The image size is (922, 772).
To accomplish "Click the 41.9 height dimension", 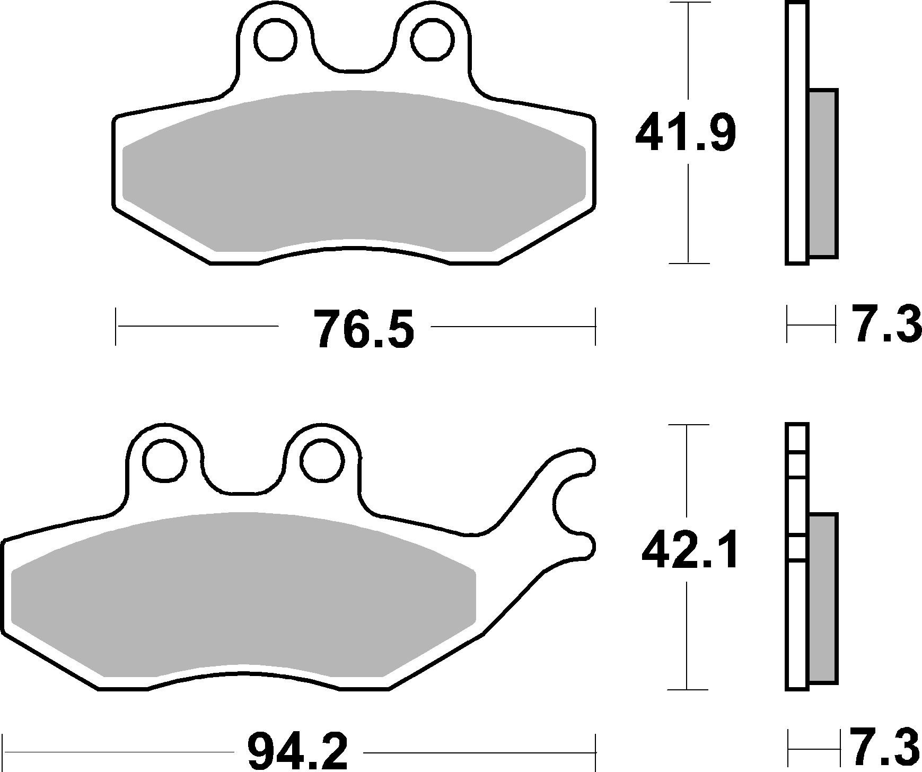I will click(x=686, y=133).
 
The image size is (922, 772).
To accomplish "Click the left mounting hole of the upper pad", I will click(x=275, y=38).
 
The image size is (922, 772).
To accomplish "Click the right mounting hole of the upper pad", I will click(x=433, y=38).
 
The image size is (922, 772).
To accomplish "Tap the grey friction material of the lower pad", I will click(x=244, y=594).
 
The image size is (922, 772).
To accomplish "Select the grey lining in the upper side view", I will click(x=823, y=173).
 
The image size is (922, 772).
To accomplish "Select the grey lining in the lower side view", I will click(x=823, y=597).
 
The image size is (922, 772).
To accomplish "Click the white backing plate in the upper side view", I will click(x=797, y=133).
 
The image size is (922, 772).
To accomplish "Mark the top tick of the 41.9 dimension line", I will click(x=689, y=3).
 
